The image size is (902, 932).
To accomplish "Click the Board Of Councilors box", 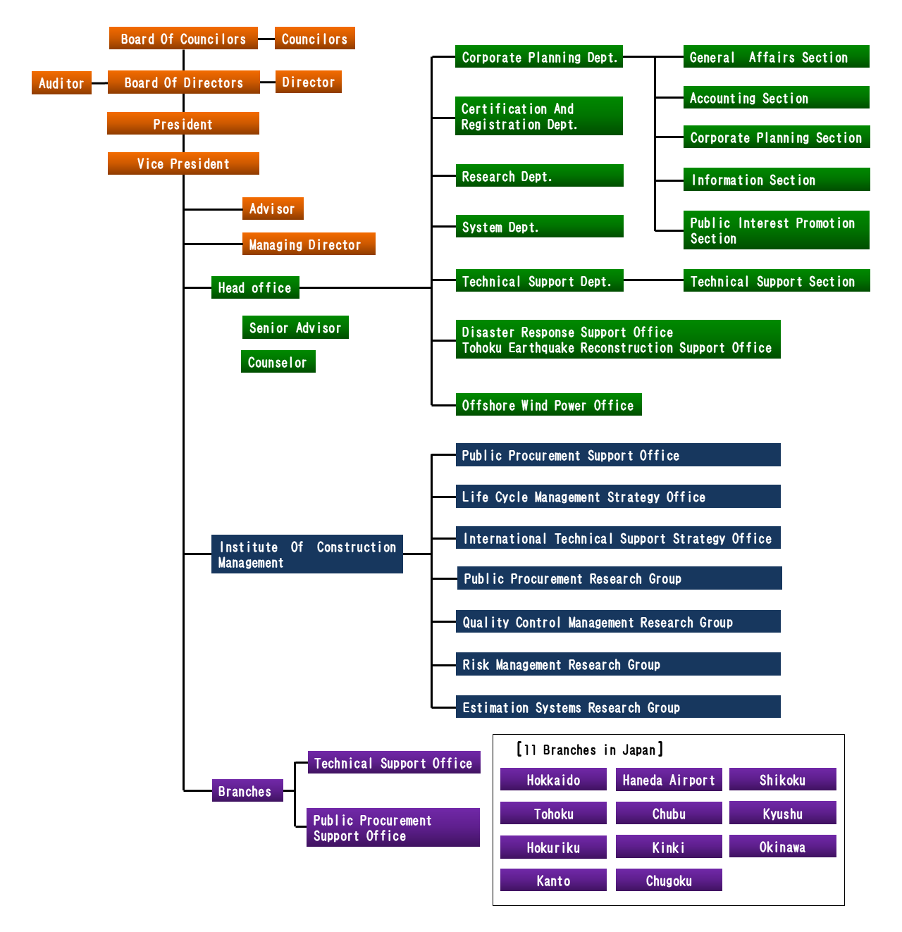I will tap(183, 39).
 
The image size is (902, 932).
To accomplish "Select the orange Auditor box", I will tap(61, 83).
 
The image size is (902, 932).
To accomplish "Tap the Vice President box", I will tap(183, 163).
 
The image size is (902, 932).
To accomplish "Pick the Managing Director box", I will tap(308, 244).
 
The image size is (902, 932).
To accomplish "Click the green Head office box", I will tap(255, 287).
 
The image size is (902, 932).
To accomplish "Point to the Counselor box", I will tap(278, 362).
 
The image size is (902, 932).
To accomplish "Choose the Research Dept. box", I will tap(539, 176).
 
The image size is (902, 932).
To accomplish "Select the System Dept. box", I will tap(539, 227).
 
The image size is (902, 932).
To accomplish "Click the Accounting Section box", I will tap(776, 98).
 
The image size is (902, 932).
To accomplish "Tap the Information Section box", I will tap(776, 180).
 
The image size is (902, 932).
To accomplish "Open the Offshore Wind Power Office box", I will tap(548, 405).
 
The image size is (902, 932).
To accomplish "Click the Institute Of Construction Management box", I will tap(307, 554).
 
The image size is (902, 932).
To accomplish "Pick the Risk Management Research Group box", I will tap(618, 664).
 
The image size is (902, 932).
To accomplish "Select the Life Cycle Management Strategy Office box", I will tap(618, 497).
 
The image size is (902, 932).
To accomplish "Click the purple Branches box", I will tap(247, 791).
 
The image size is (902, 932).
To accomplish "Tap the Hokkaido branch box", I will tap(553, 780).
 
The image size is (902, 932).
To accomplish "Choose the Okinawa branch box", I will tap(782, 847).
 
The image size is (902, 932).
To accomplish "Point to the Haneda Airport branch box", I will tap(669, 780).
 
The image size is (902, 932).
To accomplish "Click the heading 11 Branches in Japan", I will tap(590, 750).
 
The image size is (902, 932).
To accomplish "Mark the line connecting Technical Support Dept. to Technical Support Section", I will tap(653, 280).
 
